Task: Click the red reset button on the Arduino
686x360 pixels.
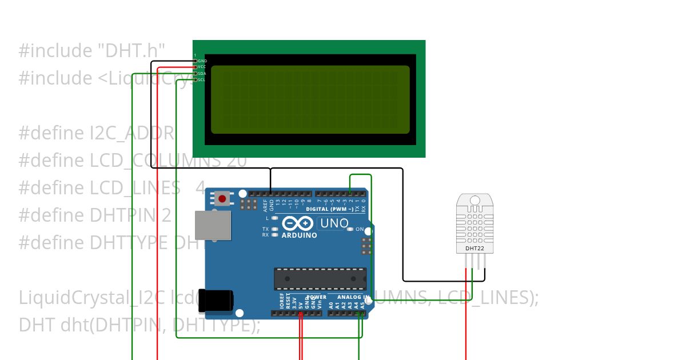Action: [x=222, y=199]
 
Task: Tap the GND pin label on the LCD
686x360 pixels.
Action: [x=202, y=61]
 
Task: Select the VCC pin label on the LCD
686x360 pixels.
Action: [x=202, y=67]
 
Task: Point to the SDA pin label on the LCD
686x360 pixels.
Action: [x=202, y=73]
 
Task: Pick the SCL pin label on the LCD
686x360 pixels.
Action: [x=202, y=79]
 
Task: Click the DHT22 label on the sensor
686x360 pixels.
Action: [x=474, y=249]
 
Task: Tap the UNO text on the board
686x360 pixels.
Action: [x=334, y=223]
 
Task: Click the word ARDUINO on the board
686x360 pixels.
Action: [x=299, y=235]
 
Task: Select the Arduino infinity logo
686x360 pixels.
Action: [x=297, y=223]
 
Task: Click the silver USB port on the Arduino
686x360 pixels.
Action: [x=213, y=225]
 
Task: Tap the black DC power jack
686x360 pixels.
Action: [x=216, y=301]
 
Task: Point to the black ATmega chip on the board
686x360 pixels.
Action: [x=320, y=278]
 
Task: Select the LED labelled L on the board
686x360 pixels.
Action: [x=275, y=218]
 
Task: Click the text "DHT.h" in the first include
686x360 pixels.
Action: [x=129, y=51]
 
